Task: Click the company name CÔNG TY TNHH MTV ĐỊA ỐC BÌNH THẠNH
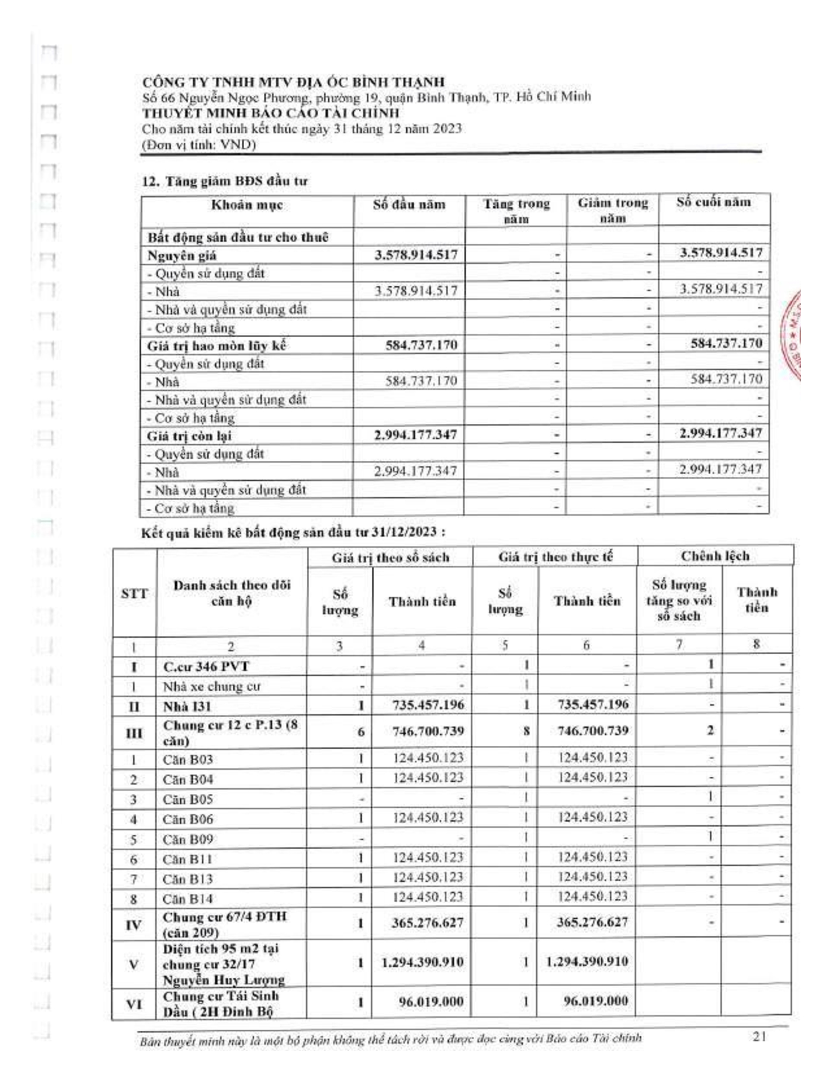293,82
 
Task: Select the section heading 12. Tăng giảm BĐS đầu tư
225,181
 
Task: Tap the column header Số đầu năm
409,205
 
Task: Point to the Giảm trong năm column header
612,210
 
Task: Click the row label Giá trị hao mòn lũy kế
217,346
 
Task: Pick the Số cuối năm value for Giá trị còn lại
720,433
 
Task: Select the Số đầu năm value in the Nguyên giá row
416,255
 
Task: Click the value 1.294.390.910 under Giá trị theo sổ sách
422,962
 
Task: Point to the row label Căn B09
188,839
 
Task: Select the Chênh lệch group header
714,556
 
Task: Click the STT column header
134,594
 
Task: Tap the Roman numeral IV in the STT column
134,924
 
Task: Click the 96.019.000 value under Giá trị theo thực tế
596,1001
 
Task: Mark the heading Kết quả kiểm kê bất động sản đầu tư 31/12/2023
292,533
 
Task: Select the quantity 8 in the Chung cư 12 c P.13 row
526,731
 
